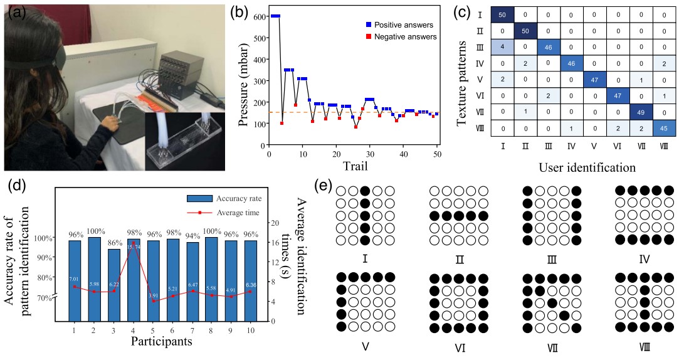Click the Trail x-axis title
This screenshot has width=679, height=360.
point(355,166)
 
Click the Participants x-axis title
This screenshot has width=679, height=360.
point(161,342)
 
